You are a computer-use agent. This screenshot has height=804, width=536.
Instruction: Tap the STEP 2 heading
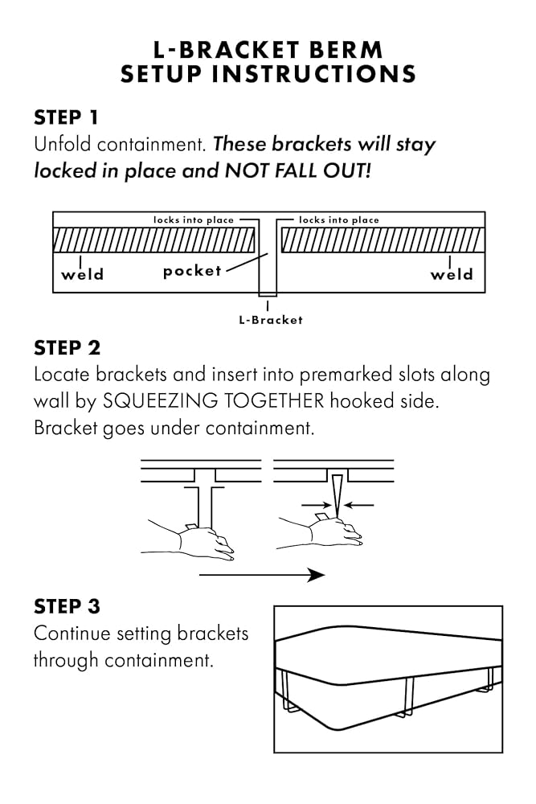(x=68, y=348)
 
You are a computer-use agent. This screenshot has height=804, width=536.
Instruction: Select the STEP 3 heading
(x=67, y=606)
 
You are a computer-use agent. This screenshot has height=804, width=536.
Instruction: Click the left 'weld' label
(x=82, y=274)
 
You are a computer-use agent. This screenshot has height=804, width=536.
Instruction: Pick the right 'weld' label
(x=451, y=274)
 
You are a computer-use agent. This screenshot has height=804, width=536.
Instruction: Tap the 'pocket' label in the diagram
(x=192, y=271)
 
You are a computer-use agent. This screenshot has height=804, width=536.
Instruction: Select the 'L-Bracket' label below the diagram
(x=271, y=320)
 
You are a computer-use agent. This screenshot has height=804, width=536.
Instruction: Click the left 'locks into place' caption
(x=194, y=219)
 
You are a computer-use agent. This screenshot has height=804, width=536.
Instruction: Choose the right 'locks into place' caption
(x=338, y=219)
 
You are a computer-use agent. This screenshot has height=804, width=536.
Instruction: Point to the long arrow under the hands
(x=261, y=575)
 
